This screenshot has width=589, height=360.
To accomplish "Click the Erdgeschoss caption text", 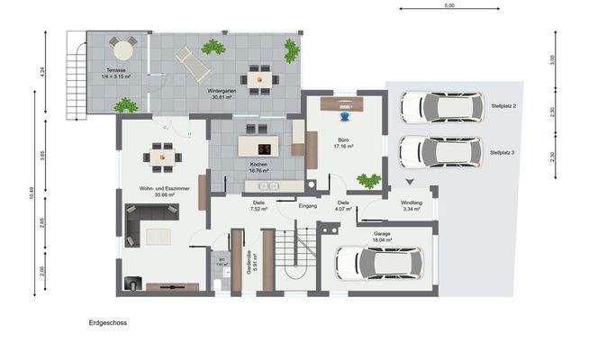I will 107,322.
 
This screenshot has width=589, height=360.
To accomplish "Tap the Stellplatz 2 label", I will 509,107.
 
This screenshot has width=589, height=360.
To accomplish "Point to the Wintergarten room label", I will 222,94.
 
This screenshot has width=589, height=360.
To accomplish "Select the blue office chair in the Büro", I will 345,114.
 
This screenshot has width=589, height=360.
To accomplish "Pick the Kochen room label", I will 259,166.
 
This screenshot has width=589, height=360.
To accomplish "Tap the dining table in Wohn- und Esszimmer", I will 163,155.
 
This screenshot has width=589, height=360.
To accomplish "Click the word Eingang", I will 309,206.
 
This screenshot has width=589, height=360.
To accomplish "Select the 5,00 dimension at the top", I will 449,5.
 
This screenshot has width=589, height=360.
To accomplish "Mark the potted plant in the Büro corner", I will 368,181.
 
